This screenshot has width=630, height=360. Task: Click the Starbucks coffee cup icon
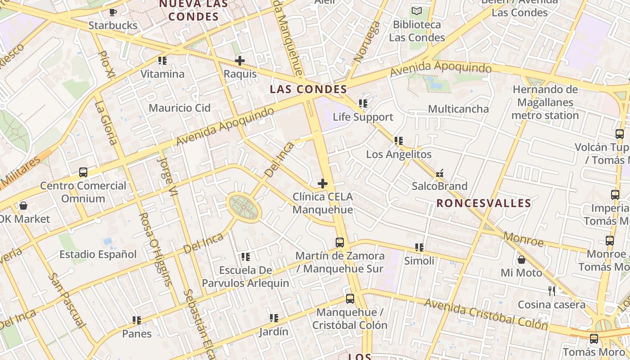point(112,12)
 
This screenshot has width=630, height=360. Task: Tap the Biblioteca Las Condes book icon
point(417,11)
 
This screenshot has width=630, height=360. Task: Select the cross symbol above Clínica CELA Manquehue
point(323,184)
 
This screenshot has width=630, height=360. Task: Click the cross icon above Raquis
point(240,61)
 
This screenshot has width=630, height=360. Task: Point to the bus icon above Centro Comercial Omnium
point(83,172)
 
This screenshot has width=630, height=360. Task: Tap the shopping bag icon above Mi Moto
point(522,260)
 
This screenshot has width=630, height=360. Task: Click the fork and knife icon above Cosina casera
point(552,291)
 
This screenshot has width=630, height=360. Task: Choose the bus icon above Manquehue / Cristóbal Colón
point(350,299)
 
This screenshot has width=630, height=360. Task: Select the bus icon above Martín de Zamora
point(340,243)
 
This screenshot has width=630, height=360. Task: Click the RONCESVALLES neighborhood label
point(484,203)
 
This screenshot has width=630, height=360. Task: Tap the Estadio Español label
point(98,254)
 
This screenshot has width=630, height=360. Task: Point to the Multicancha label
point(458,109)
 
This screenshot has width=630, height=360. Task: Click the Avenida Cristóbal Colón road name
point(486,314)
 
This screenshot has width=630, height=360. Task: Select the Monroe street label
point(523,239)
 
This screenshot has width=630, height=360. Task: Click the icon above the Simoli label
point(419,247)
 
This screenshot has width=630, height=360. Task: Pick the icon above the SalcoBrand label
point(440,173)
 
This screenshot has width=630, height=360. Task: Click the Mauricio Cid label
point(180,108)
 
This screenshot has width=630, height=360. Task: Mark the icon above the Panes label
point(137,320)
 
